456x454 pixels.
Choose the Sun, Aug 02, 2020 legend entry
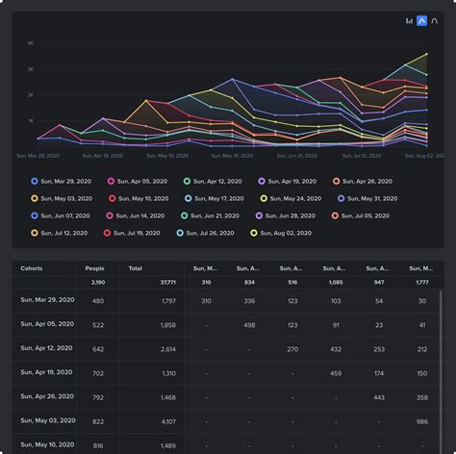pyautogui.click(x=283, y=233)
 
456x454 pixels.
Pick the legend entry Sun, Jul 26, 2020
pyautogui.click(x=208, y=233)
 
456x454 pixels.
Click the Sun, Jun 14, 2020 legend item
pyautogui.click(x=136, y=215)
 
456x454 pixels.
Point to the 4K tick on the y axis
pyautogui.click(x=31, y=44)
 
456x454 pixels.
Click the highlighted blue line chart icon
pyautogui.click(x=420, y=20)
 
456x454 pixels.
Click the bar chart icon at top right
pyautogui.click(x=409, y=20)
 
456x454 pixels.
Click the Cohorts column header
pyautogui.click(x=32, y=268)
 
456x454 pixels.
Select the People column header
pyautogui.click(x=95, y=268)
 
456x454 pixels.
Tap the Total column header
pyautogui.click(x=135, y=268)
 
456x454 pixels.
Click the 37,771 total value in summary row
pyautogui.click(x=165, y=283)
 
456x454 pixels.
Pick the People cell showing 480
pyautogui.click(x=97, y=301)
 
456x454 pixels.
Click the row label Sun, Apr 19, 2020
pyautogui.click(x=49, y=371)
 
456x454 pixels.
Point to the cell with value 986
pyautogui.click(x=421, y=421)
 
